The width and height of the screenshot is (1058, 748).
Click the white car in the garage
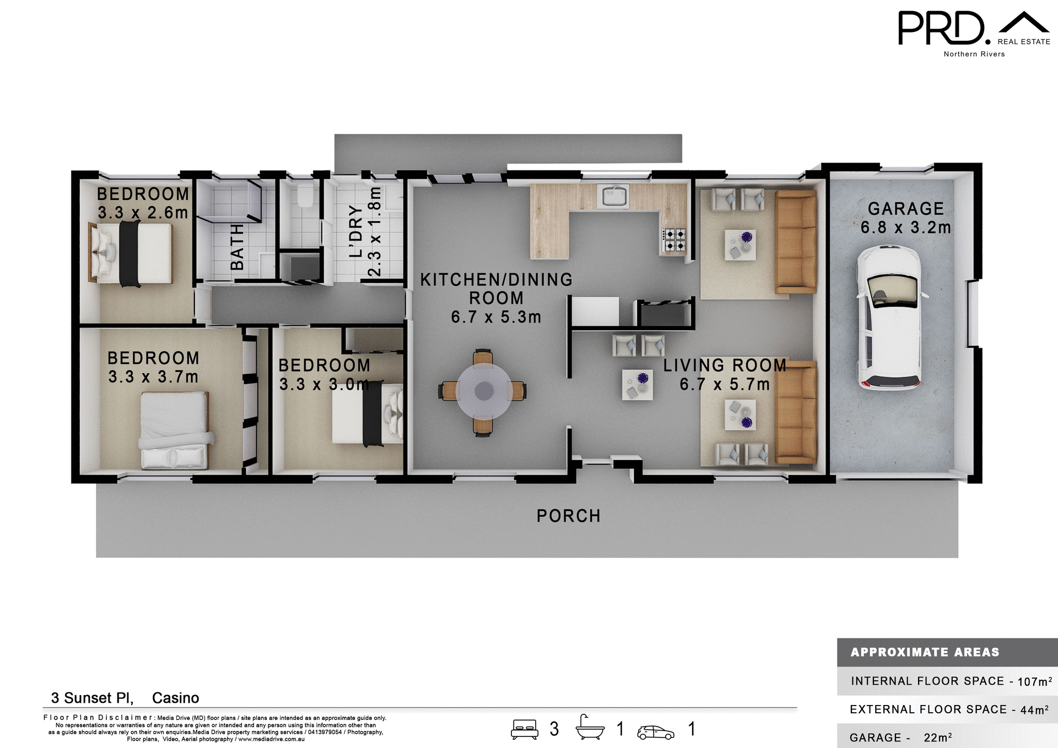888,318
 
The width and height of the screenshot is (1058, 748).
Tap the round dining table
484,391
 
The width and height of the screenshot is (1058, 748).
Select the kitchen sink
613,196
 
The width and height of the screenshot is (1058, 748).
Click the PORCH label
568,516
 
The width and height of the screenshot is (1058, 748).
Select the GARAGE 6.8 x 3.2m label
905,218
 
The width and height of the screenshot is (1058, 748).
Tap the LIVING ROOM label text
724,365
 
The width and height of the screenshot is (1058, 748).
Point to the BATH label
237,247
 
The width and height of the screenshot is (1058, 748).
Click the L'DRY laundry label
357,232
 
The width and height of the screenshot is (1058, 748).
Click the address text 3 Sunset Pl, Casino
125,698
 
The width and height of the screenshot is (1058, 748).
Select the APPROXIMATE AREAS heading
925,652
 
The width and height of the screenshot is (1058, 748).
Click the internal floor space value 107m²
1034,681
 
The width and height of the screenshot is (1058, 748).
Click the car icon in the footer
655,732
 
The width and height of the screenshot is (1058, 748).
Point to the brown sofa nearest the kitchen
795,241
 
